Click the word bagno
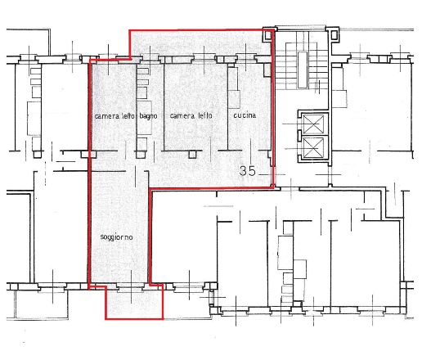148,116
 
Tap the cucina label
245,115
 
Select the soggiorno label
116,237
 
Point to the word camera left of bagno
107,116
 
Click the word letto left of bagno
128,116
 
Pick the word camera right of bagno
182,116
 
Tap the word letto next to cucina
205,115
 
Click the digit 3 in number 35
244,171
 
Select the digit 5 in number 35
253,171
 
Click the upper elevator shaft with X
313,124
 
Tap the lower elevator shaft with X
313,147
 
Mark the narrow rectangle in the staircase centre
303,70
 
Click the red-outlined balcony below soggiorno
134,303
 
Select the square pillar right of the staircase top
334,34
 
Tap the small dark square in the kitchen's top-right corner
267,70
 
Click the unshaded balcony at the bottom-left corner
42,304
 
